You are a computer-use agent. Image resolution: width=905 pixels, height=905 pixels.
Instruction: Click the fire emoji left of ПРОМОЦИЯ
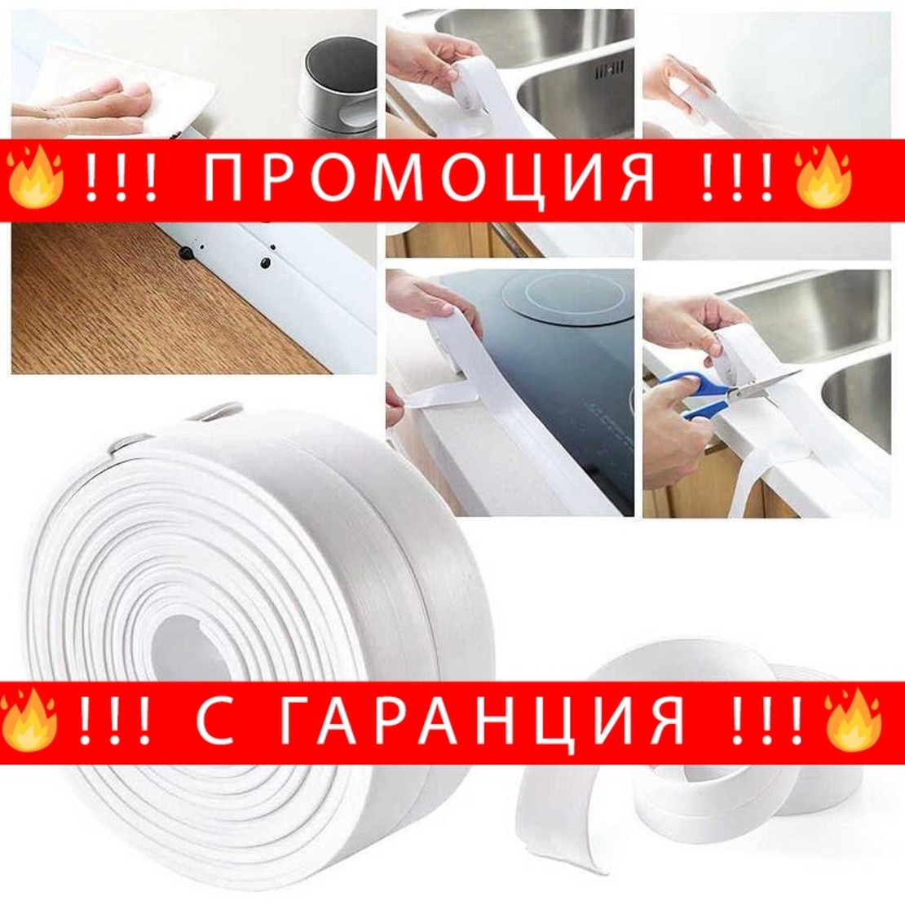(35, 176)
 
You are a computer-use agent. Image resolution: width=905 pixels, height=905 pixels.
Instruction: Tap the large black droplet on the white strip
(187, 254)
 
